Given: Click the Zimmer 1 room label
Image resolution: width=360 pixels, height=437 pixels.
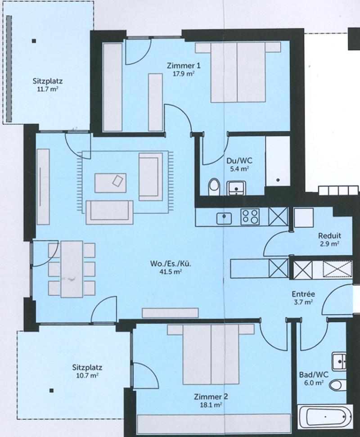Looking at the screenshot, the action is click(184, 66).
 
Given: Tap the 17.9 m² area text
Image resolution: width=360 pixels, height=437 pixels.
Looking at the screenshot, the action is click(184, 74).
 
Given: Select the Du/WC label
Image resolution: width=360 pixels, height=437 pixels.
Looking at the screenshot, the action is click(239, 161).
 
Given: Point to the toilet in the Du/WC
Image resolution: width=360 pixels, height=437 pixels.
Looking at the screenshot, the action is click(214, 186).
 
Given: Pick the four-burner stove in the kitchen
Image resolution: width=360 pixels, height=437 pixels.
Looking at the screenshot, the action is click(250, 216).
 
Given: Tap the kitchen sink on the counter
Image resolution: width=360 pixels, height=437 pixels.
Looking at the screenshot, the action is click(224, 218).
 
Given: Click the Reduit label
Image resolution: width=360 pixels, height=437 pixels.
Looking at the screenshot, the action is click(330, 236).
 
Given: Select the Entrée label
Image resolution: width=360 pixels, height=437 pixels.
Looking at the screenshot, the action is click(303, 294).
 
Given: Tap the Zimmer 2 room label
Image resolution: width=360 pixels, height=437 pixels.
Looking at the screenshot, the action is click(211, 396).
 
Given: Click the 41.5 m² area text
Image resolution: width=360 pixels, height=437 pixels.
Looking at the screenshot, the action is click(171, 272).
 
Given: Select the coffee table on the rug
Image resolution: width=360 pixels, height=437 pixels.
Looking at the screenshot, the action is click(110, 183).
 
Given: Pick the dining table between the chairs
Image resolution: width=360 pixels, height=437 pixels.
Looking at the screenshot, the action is click(72, 269).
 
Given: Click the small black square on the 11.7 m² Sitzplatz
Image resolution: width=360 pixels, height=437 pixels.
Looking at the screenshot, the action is click(34, 41).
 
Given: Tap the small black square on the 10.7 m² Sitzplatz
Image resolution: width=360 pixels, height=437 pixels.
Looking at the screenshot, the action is click(51, 391).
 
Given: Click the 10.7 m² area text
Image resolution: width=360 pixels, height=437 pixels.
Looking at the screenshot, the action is click(87, 375).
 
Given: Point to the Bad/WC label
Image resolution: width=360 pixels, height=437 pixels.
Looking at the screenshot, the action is click(314, 375).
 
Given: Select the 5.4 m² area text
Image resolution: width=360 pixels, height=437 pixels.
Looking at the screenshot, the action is click(239, 169).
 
